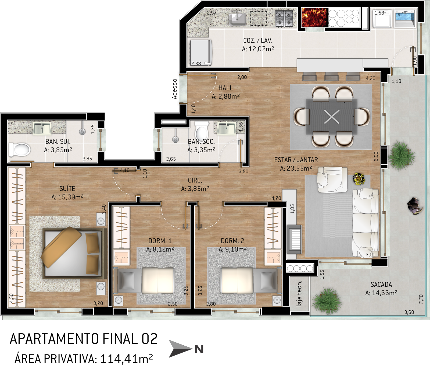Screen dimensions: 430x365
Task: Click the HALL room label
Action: coord(225,88)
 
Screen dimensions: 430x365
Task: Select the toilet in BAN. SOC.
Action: coord(202,131)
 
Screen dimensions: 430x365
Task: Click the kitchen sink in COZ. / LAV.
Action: coord(237,19)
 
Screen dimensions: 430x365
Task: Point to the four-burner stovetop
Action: coord(284,18)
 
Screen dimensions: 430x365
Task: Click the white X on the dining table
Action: coord(332,117)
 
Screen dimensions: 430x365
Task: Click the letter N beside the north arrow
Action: coord(199,349)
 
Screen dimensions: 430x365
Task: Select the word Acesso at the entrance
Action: coord(175,89)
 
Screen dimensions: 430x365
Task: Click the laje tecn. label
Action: coord(299,293)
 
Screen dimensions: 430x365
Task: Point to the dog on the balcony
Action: coord(415,206)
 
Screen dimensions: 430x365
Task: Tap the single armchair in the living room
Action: coord(332,180)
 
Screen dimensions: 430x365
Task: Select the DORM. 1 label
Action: coord(160,241)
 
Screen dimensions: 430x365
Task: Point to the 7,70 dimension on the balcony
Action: coord(421,299)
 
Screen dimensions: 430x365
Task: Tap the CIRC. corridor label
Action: coord(195,180)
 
